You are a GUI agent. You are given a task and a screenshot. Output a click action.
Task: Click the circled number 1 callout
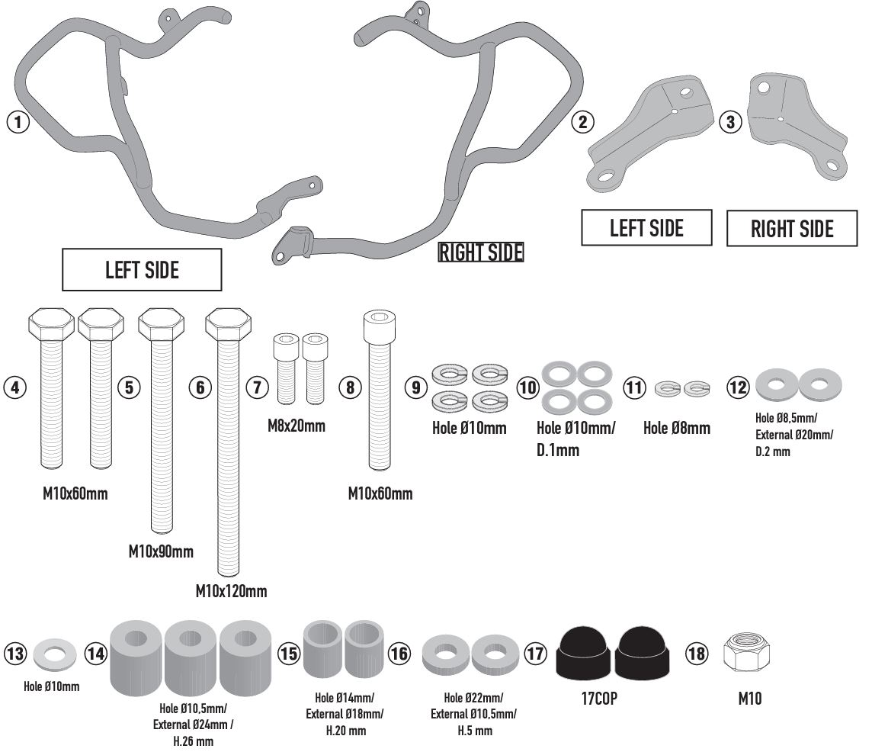click(18, 121)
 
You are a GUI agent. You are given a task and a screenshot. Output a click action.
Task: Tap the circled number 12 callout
click(737, 387)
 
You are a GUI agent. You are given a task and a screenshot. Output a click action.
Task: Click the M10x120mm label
click(231, 591)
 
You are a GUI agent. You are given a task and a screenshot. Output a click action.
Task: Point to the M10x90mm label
click(161, 551)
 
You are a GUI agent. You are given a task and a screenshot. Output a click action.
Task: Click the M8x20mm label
click(297, 426)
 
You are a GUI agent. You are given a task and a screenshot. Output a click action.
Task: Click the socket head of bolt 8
click(380, 326)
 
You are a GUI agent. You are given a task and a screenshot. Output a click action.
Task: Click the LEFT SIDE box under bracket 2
click(646, 228)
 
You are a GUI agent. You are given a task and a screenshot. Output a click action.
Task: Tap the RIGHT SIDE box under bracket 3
click(792, 229)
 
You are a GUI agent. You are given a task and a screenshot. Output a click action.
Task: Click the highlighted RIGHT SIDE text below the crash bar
click(481, 252)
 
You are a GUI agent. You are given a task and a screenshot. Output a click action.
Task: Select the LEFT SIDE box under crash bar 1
click(142, 270)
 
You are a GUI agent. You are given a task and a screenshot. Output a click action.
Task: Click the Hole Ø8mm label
click(676, 428)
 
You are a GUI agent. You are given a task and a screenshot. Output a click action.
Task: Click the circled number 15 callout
click(289, 654)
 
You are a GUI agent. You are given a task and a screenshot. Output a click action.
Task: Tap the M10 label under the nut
click(749, 698)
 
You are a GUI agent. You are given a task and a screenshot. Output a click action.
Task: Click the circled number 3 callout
click(730, 121)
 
